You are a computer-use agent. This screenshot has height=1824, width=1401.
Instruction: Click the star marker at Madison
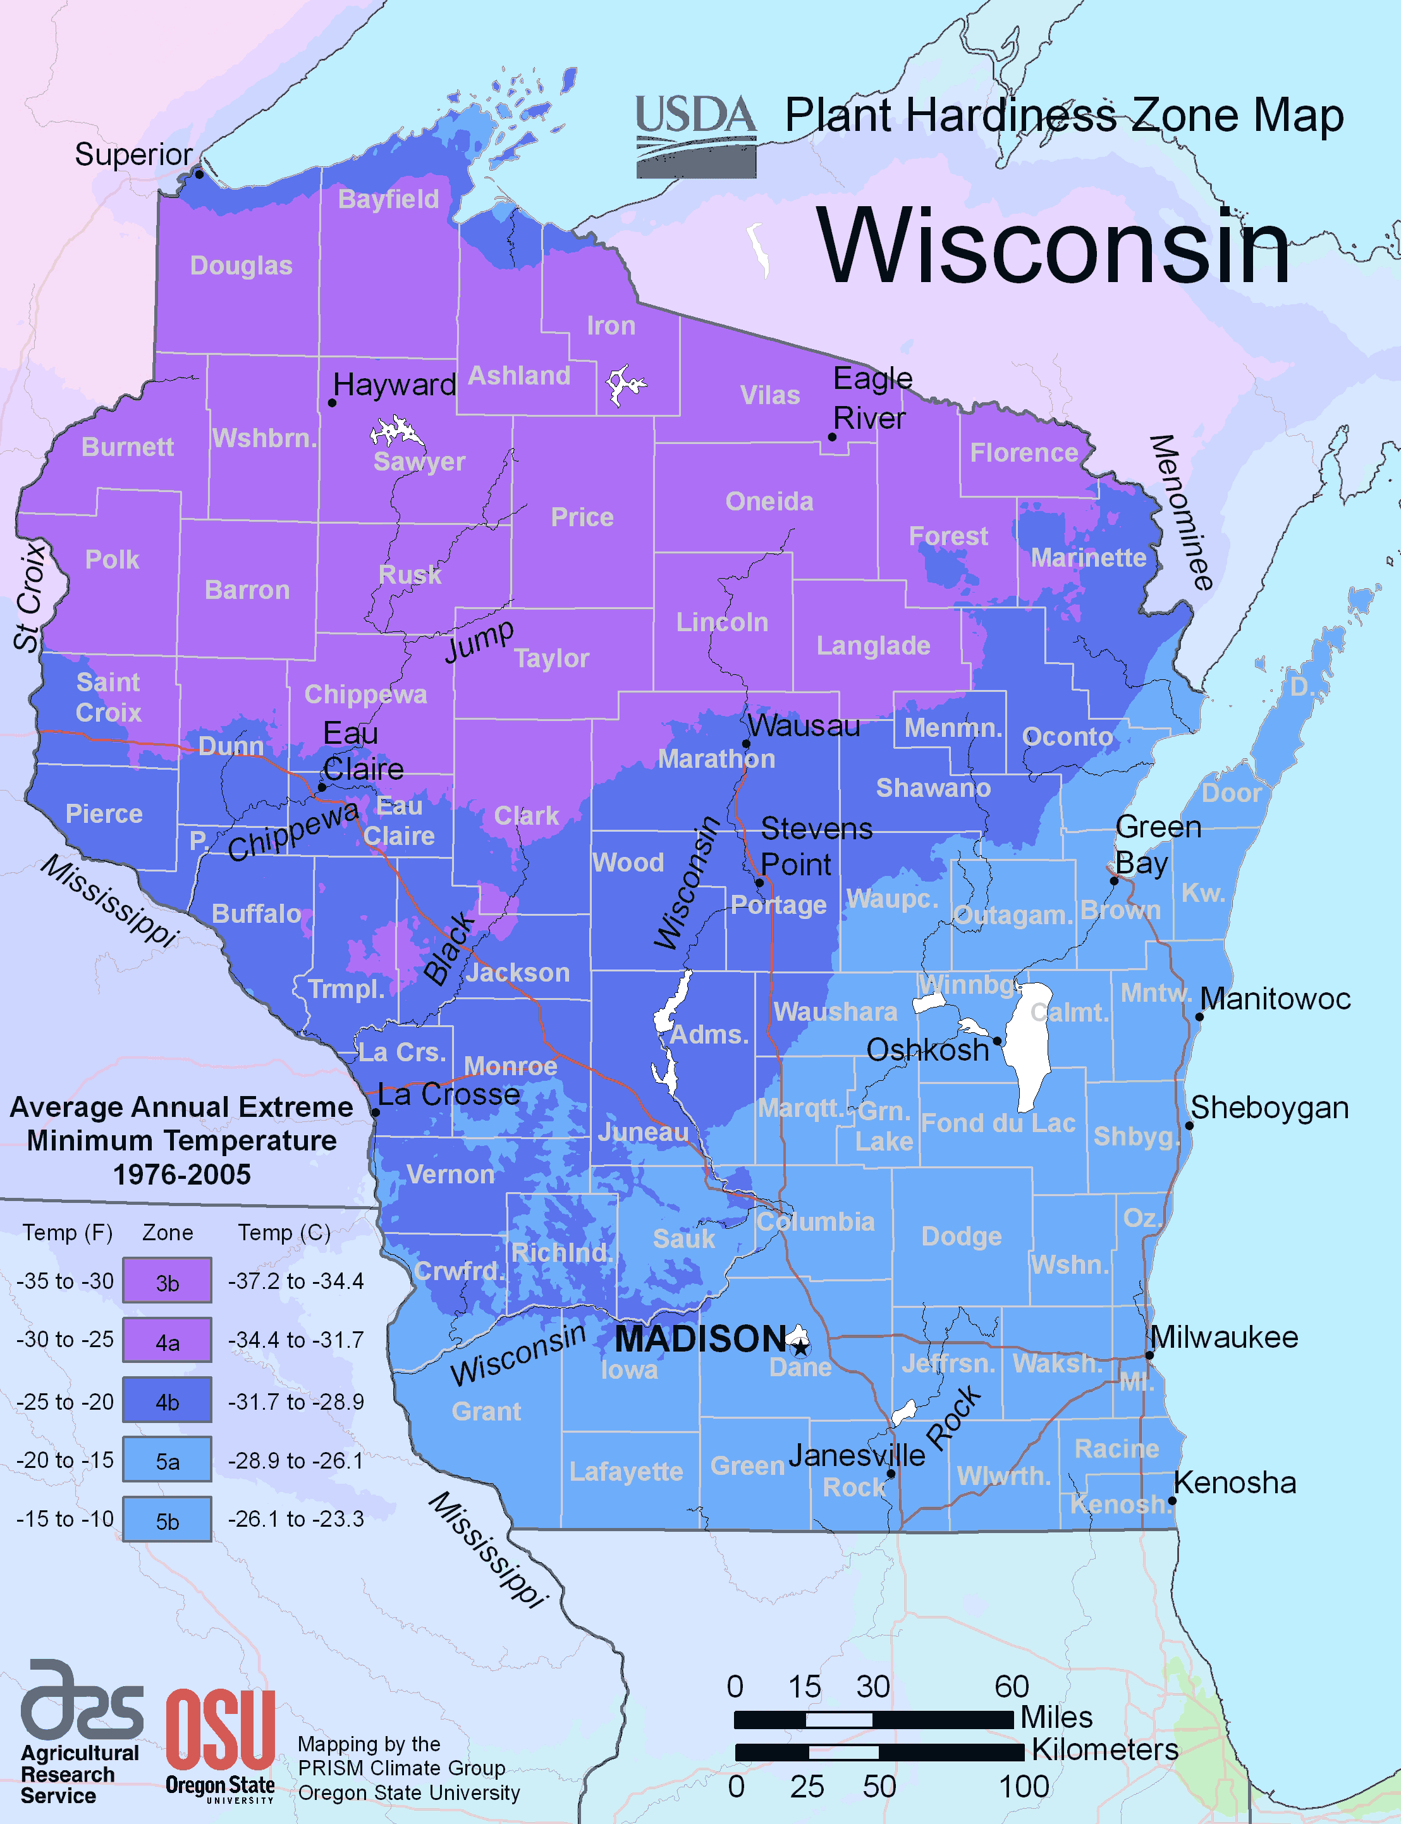point(800,1345)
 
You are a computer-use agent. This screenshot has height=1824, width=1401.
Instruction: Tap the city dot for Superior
point(199,175)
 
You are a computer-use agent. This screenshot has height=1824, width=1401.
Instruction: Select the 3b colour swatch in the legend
point(167,1280)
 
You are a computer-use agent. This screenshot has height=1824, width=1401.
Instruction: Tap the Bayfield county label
point(389,199)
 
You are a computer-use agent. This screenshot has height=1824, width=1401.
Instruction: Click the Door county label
point(1231,793)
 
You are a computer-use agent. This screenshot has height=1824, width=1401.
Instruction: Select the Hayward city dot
point(332,403)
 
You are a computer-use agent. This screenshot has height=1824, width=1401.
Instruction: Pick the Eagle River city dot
point(831,437)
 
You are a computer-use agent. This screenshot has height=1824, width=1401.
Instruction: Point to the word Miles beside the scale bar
point(1056,1717)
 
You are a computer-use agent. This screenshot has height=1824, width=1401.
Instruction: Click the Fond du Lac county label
point(998,1123)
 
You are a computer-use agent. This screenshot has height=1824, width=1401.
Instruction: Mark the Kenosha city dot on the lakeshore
point(1172,1500)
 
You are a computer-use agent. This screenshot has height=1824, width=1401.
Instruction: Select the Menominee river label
point(1182,512)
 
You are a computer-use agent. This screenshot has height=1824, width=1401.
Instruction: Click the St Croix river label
point(29,596)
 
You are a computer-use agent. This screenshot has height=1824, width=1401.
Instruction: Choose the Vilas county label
point(769,395)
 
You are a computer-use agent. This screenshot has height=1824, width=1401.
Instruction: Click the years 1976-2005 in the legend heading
point(182,1174)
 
